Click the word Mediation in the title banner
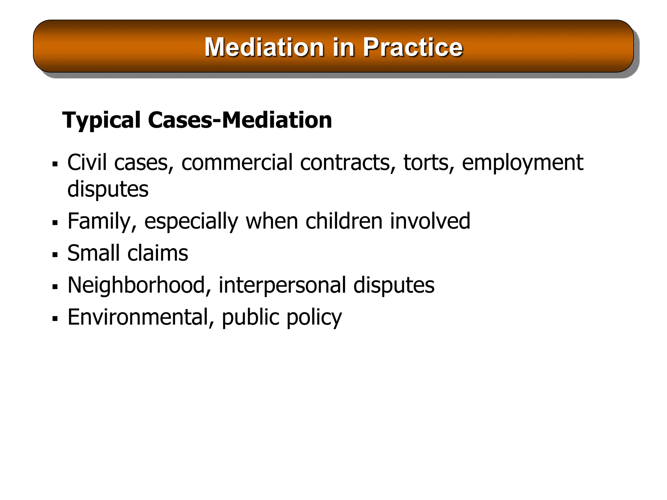pyautogui.click(x=264, y=47)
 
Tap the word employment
pyautogui.click(x=522, y=163)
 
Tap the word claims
pyautogui.click(x=158, y=253)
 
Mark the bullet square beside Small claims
pyautogui.click(x=55, y=255)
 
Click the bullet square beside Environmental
pyautogui.click(x=55, y=319)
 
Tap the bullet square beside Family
pyautogui.click(x=55, y=223)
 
